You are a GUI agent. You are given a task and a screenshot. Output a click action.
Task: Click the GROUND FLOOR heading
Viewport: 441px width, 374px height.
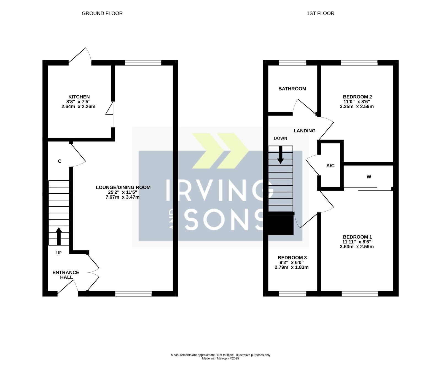[x=102, y=13]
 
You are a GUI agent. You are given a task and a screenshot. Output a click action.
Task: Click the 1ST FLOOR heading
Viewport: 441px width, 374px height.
[x=320, y=13]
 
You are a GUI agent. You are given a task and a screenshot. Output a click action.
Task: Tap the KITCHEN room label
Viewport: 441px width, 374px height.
[x=79, y=97]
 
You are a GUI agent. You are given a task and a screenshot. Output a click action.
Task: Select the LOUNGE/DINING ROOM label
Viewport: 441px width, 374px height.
[x=123, y=188]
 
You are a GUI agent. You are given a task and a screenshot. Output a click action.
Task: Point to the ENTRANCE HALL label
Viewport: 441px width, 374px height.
[x=66, y=275]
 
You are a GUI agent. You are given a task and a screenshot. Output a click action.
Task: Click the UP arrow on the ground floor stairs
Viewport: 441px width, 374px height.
[x=59, y=236]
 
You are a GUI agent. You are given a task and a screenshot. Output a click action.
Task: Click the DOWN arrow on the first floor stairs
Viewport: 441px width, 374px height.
[x=281, y=154]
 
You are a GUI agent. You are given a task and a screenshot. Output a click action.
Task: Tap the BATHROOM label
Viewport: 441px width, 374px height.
[x=292, y=89]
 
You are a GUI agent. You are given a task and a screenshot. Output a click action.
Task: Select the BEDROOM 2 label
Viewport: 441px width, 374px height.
[x=357, y=97]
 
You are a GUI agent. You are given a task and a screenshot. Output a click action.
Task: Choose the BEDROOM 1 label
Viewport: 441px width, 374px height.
[x=357, y=237]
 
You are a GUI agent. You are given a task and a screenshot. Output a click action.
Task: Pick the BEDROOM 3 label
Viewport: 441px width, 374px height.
[x=292, y=258]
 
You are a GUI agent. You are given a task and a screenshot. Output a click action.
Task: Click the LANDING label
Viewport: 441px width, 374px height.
[x=305, y=131]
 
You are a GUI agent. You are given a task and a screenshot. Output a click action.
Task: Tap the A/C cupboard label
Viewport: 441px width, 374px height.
[x=330, y=166]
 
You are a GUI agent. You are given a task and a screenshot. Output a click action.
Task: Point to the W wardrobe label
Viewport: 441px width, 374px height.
[x=369, y=177]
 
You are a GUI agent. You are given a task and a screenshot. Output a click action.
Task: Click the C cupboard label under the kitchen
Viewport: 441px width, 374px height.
[x=60, y=161]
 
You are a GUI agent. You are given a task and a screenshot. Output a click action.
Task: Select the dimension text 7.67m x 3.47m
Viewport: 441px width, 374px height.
[x=123, y=197]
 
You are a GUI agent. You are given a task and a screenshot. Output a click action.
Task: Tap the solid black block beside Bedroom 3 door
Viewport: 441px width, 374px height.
[x=281, y=225]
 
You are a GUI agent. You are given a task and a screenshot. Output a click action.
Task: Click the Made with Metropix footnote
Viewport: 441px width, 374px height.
[x=220, y=359]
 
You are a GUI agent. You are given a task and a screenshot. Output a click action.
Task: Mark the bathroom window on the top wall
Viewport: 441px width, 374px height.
[x=292, y=63]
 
